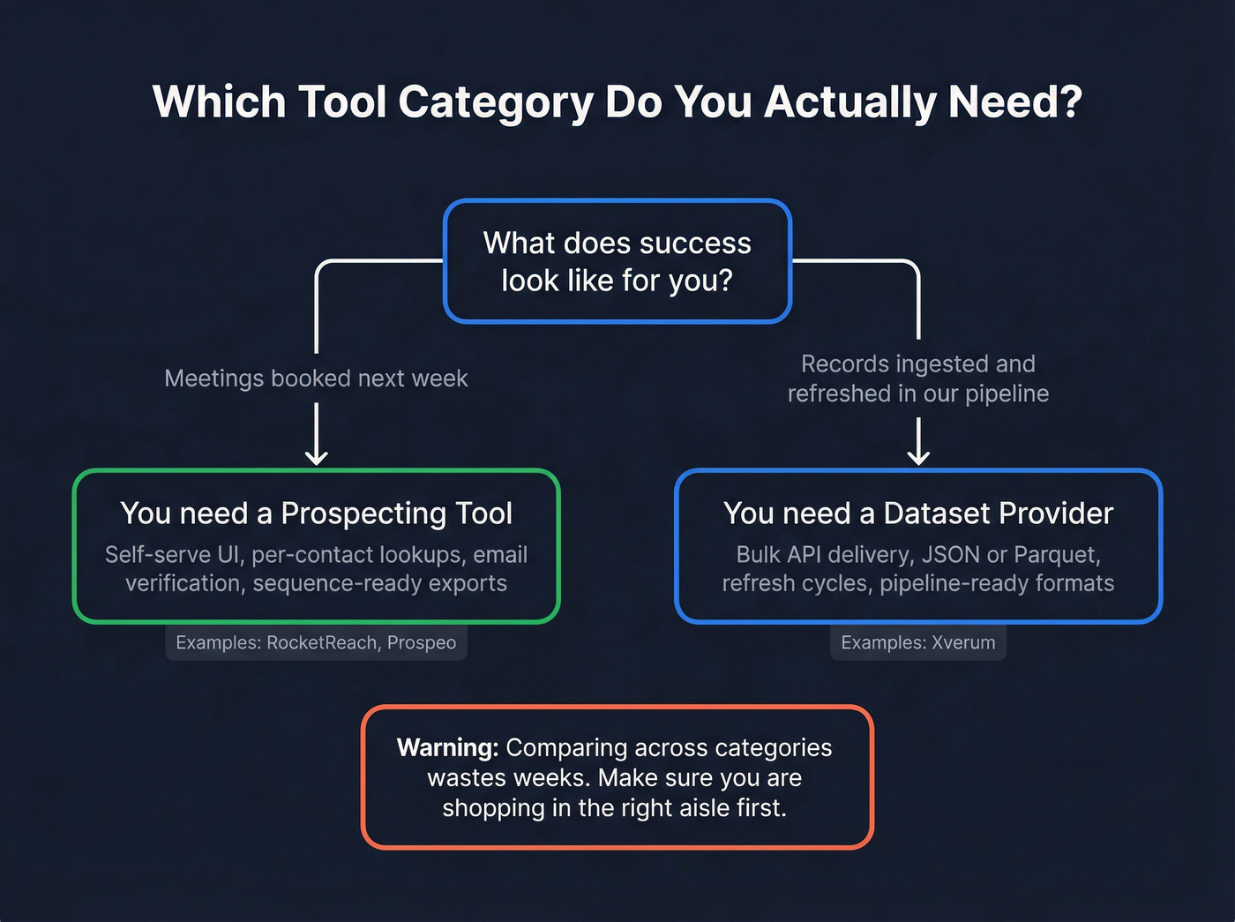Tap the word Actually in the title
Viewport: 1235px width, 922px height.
(x=850, y=102)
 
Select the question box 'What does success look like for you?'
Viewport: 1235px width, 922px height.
(x=617, y=261)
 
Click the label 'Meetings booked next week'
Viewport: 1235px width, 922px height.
(x=316, y=379)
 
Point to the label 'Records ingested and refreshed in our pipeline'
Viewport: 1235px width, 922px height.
(x=918, y=379)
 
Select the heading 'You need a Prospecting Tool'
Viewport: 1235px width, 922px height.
(x=316, y=513)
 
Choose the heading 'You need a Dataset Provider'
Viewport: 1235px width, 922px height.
(x=918, y=513)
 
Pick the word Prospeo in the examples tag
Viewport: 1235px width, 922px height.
(x=422, y=643)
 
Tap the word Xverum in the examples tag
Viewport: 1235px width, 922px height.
(x=963, y=643)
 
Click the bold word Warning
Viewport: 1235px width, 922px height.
(x=447, y=748)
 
